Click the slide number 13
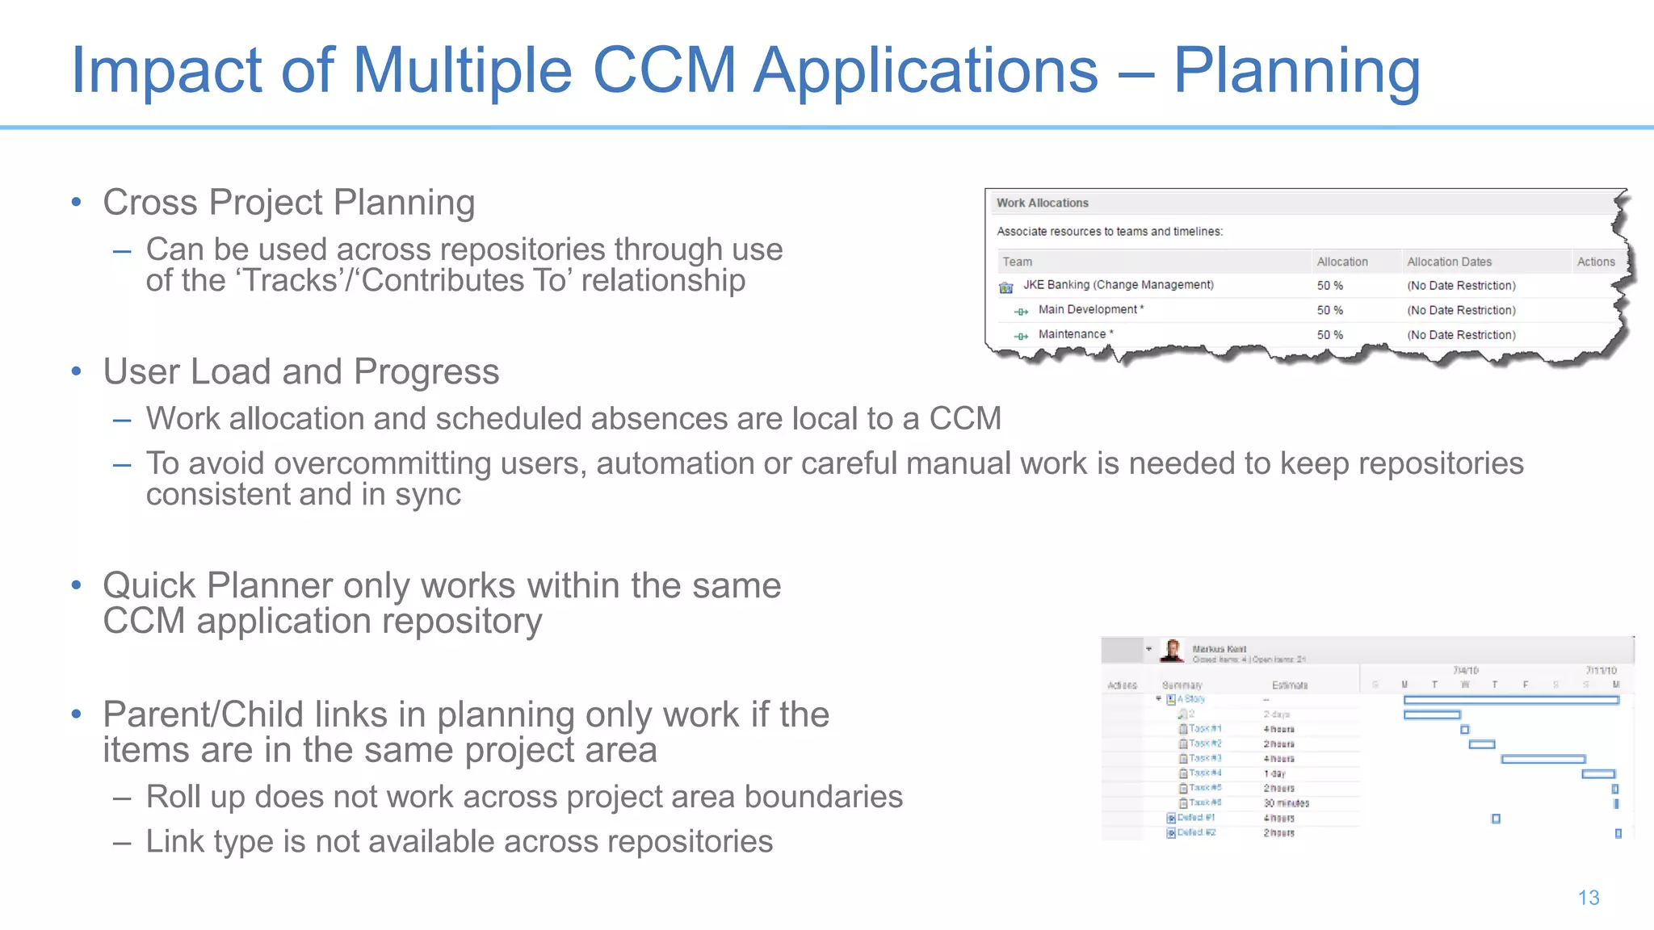click(1588, 898)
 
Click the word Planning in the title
click(1295, 71)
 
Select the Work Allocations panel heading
click(1042, 203)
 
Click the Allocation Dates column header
click(1449, 262)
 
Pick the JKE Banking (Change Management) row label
click(1118, 285)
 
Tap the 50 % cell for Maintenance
click(1329, 335)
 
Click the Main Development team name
click(1088, 310)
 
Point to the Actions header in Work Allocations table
click(1595, 262)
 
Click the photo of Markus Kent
click(1173, 650)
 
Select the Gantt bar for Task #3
click(1543, 759)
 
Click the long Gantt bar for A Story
click(1510, 700)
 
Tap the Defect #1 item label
click(1196, 818)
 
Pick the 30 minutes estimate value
click(1286, 803)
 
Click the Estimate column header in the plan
click(1289, 685)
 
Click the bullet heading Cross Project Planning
click(288, 203)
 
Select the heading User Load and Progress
click(300, 372)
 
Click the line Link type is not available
click(459, 842)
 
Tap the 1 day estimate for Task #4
click(1274, 773)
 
